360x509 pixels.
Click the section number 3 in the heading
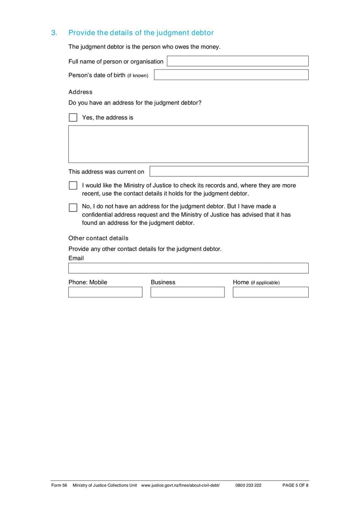point(54,33)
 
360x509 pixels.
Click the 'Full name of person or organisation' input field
point(238,61)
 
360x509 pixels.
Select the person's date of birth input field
point(231,75)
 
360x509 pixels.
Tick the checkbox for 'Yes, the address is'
point(73,117)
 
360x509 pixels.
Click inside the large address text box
point(188,144)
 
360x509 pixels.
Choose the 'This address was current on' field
point(229,171)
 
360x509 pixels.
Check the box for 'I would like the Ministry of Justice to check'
point(73,185)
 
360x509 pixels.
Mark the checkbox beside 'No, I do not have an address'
point(73,207)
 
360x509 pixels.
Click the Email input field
point(188,268)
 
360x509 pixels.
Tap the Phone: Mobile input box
point(105,292)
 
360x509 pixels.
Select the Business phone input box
point(187,292)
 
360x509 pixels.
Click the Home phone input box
point(270,292)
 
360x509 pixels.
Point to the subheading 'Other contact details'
point(98,238)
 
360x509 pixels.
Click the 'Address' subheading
point(80,92)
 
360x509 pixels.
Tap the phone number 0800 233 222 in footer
point(248,486)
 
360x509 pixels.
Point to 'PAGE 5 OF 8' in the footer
point(295,486)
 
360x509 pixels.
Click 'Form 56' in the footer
point(59,486)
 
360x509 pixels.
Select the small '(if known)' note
point(137,76)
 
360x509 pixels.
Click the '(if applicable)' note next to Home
point(265,283)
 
